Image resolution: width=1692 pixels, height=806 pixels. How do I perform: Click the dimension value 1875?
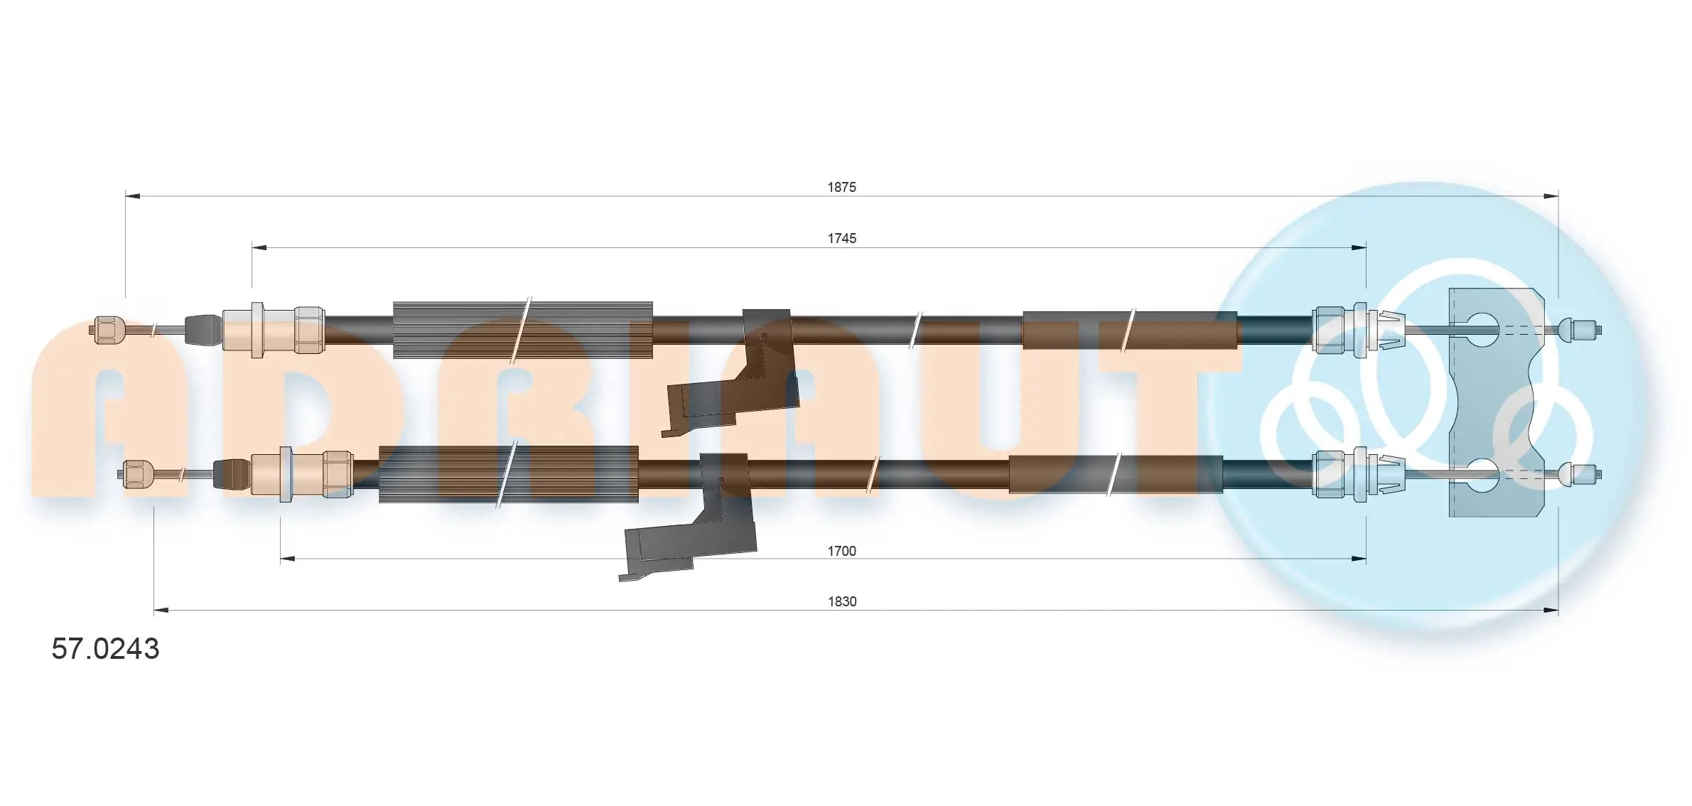[x=841, y=187]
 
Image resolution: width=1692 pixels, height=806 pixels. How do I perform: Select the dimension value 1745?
[x=841, y=238]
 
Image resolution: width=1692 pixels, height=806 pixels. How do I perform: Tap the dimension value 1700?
[x=841, y=551]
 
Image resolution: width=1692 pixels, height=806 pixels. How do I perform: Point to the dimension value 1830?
[x=841, y=602]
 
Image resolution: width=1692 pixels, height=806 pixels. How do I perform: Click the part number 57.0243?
[x=105, y=649]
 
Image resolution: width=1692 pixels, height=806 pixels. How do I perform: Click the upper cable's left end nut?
[x=108, y=330]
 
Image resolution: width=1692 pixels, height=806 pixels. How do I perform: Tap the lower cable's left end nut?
[x=138, y=474]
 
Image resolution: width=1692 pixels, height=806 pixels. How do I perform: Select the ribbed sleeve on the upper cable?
[x=522, y=330]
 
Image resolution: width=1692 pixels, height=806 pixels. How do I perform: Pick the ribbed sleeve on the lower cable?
[x=508, y=474]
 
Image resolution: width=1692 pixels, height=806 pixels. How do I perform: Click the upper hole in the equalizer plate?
[x=1481, y=330]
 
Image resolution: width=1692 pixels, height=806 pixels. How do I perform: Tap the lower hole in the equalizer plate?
[x=1481, y=475]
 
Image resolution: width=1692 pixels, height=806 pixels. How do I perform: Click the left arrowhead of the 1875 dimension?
[x=132, y=195]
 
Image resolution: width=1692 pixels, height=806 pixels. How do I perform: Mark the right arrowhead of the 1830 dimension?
[x=1551, y=610]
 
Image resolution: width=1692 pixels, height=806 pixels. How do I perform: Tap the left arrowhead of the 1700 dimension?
[x=287, y=559]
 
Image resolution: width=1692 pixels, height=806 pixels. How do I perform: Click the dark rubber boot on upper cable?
[x=203, y=330]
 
